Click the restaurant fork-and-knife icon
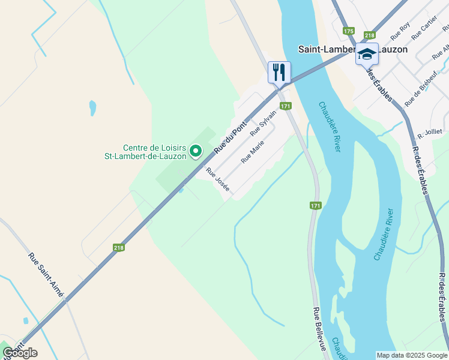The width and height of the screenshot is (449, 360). pos(279,72)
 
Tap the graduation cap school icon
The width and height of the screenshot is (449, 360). pos(367,54)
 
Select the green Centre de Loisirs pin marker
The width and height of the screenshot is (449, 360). pos(196,152)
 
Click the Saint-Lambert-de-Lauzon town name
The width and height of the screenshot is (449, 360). pos(353,49)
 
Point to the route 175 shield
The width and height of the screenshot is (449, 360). pos(349,31)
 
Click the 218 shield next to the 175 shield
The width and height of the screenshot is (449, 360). pos(369,35)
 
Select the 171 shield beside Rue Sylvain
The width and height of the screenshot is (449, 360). pos(286,106)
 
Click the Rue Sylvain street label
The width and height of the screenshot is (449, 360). pos(264,122)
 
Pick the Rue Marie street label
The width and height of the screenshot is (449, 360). pos(252,152)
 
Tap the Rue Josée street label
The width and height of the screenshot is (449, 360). pos(218,179)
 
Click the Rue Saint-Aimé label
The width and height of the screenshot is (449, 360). pos(46,274)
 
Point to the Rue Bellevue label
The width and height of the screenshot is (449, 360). pos(319,329)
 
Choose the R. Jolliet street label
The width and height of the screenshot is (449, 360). pos(430,131)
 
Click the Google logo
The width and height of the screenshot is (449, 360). pos(20,353)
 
